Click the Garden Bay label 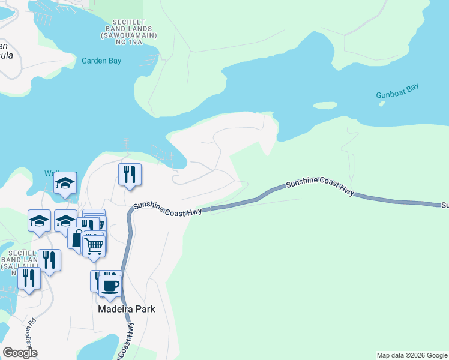[101, 61]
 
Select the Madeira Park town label [127, 309]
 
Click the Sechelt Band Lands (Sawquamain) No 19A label [131, 32]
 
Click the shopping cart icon [94, 245]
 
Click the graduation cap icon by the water [65, 183]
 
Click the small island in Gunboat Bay [325, 106]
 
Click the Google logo [20, 353]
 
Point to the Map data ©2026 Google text [412, 355]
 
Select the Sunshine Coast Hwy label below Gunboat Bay [320, 187]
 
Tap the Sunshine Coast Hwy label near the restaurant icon [167, 208]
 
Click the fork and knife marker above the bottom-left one [49, 260]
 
